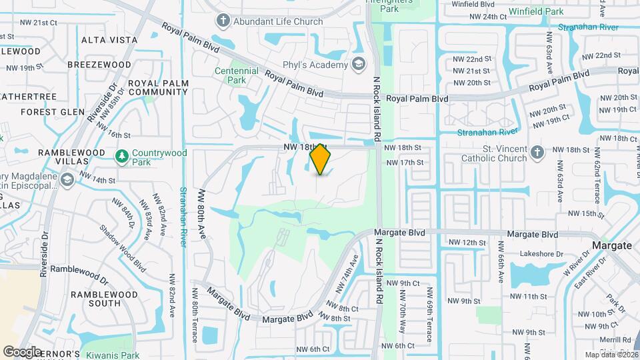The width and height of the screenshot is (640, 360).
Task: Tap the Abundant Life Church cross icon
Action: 223,21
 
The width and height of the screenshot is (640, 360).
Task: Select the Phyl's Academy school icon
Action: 359,65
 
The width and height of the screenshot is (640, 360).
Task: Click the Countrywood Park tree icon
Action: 121,157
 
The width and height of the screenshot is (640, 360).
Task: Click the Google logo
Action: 22,351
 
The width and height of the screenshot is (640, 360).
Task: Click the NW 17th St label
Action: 405,162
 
